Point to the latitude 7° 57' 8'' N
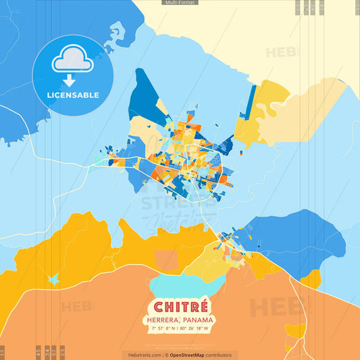tap(164, 328)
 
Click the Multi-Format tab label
tap(180, 3)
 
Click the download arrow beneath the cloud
tap(70, 80)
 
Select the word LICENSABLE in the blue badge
tap(72, 95)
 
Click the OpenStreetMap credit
tap(192, 355)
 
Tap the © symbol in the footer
tap(166, 355)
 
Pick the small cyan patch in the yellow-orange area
tap(53, 278)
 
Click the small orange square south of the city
tap(165, 260)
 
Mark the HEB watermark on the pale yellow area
tap(279, 52)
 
